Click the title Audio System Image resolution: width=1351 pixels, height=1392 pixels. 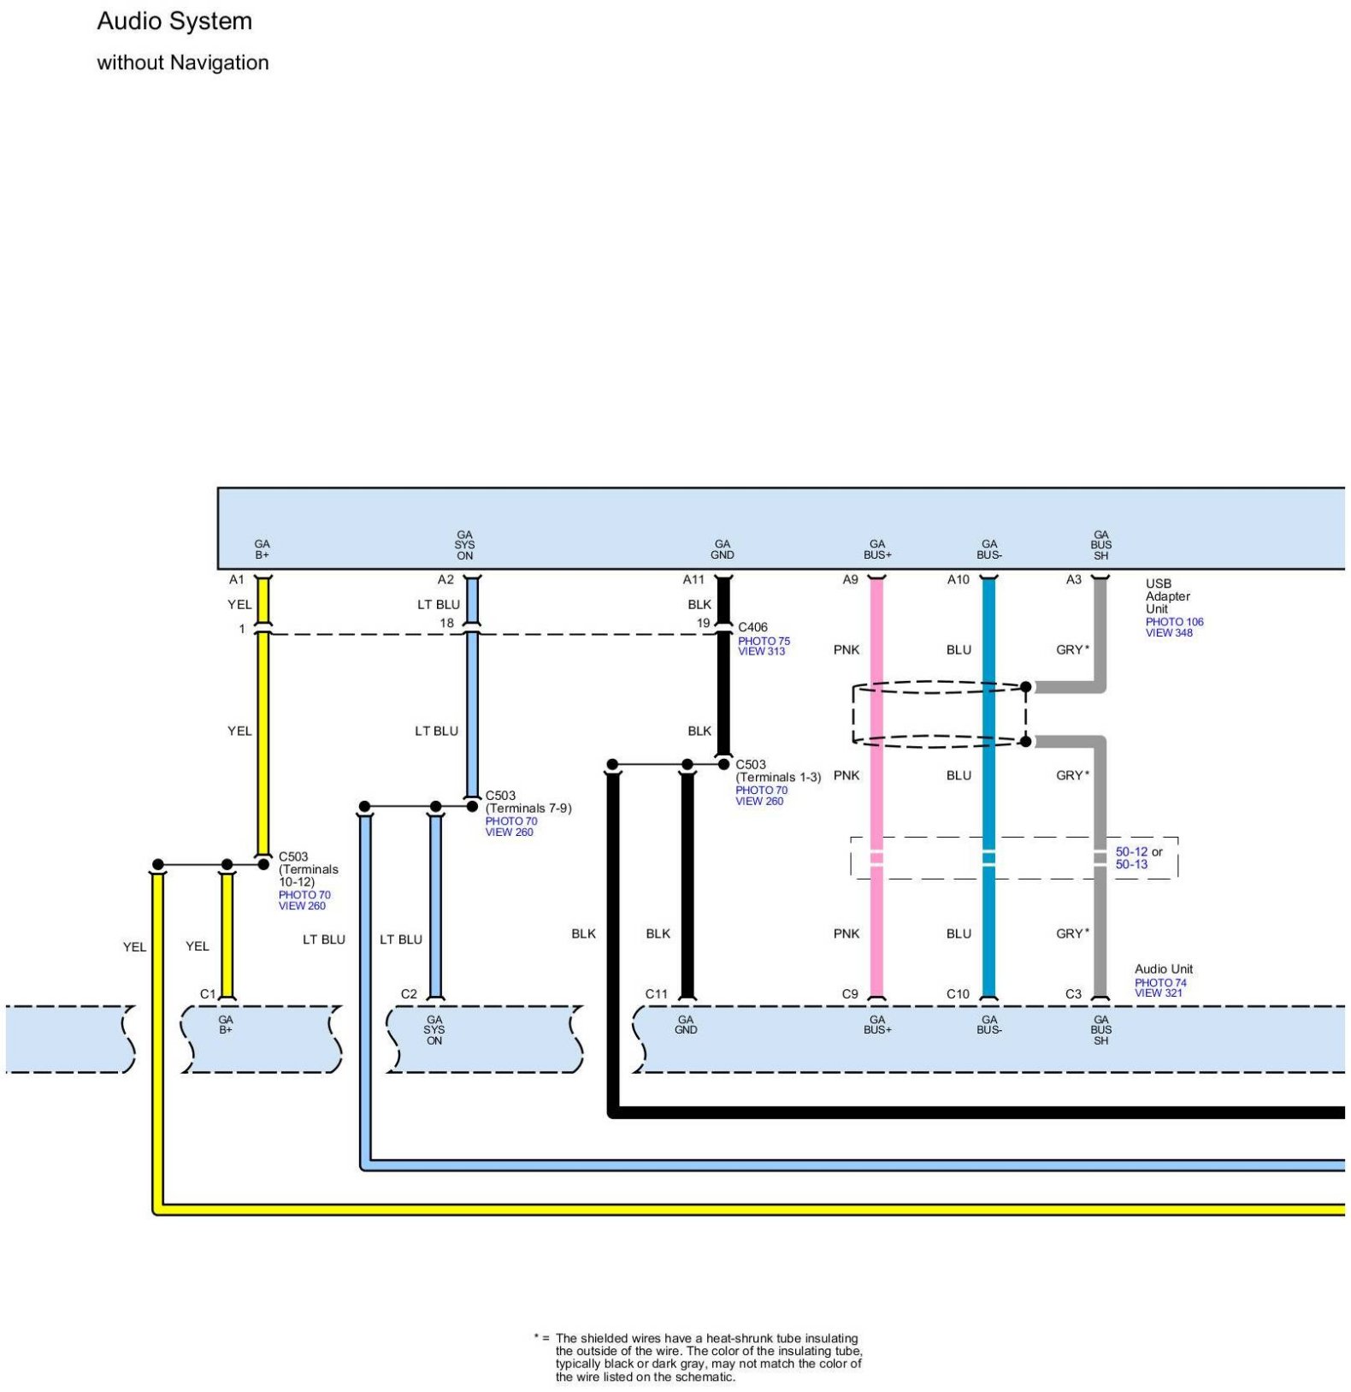(174, 21)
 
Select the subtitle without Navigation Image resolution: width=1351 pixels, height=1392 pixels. (182, 62)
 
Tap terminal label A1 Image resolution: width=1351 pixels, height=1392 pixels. (237, 579)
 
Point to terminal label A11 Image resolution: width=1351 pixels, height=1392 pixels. (693, 579)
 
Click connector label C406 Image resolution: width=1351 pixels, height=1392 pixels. (752, 627)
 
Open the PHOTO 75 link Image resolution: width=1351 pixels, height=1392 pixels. (764, 641)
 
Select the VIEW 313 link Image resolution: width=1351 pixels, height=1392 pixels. (761, 651)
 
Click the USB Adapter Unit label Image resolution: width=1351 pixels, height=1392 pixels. (1167, 595)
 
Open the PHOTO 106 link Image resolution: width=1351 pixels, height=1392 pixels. (1174, 622)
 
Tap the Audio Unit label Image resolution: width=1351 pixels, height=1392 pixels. (1163, 968)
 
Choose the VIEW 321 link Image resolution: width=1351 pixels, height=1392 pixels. (1158, 992)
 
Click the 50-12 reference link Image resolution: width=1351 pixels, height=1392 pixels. (1131, 851)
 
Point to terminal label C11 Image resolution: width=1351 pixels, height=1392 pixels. (656, 993)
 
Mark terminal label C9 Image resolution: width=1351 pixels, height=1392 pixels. (849, 993)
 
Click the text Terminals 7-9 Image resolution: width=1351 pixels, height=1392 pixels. (528, 808)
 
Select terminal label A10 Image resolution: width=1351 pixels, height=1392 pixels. (958, 579)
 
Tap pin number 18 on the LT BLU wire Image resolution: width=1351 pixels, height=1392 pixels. (446, 623)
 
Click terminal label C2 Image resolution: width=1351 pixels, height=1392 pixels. (409, 993)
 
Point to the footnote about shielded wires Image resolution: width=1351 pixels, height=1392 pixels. (708, 1357)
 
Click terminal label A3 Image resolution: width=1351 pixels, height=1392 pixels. (1073, 579)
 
